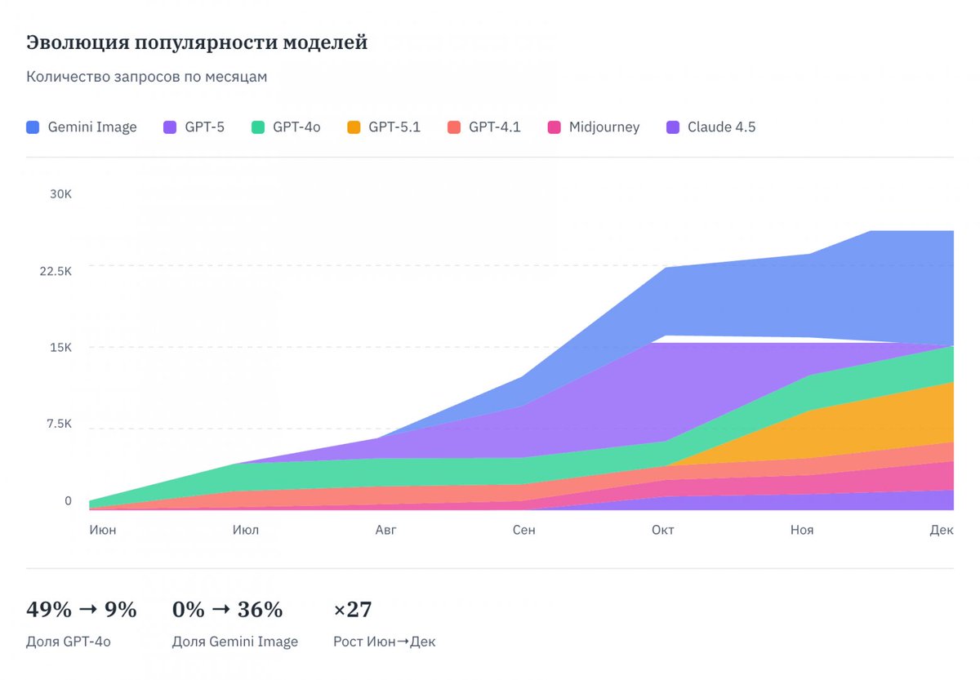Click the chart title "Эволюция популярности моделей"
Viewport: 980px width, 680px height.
pos(197,42)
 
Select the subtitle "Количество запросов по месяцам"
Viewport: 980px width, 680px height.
pos(147,77)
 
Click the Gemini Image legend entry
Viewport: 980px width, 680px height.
pos(82,127)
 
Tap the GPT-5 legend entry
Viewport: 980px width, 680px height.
pos(194,127)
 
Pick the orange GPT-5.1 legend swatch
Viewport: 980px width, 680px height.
pos(354,127)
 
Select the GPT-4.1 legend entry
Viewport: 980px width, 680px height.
pos(484,127)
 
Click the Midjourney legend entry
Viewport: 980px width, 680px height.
pos(594,127)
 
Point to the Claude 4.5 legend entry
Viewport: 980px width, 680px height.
pos(711,127)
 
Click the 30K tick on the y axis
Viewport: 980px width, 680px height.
pos(60,194)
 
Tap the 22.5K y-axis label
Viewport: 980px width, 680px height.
pos(56,271)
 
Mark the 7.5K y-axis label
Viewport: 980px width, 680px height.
pos(58,424)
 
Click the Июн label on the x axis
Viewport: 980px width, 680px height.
pos(103,530)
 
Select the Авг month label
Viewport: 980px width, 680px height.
pos(385,530)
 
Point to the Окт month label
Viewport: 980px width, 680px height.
pos(662,530)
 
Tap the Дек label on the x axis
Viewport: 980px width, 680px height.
pos(942,530)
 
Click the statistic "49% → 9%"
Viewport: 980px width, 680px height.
pos(82,610)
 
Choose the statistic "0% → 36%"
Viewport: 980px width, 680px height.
pos(227,610)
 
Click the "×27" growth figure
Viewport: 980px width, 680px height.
pos(353,610)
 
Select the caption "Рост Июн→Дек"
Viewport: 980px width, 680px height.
pos(385,642)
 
